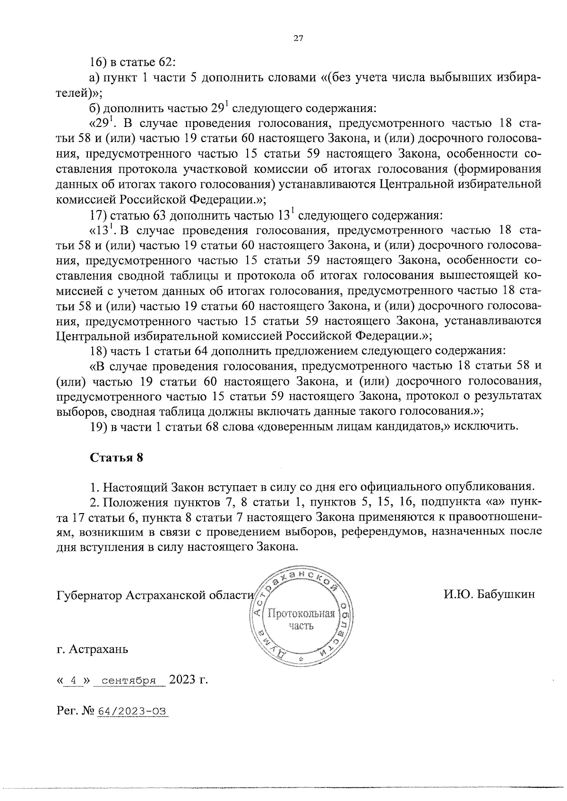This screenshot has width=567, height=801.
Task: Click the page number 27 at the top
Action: tap(298, 39)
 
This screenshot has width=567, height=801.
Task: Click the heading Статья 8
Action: tap(116, 457)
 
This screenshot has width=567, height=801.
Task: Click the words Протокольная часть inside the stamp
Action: tap(301, 620)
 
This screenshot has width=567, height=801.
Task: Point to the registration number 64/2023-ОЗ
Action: tap(133, 711)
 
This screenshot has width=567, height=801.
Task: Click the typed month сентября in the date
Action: tap(129, 681)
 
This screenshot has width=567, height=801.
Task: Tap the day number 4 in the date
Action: tap(73, 681)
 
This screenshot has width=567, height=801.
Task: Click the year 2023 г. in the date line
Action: tap(189, 680)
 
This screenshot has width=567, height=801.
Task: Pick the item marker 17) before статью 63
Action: tap(99, 216)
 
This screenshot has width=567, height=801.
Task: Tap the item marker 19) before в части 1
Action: tap(99, 427)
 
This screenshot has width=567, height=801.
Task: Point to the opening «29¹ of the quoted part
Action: tap(102, 124)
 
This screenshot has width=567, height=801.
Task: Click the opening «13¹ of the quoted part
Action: tap(102, 230)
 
